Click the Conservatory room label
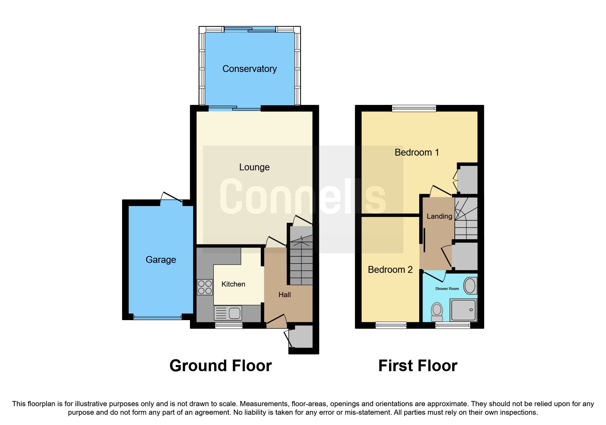[249, 69]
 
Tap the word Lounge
[254, 167]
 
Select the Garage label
[161, 260]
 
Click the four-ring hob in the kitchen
[205, 287]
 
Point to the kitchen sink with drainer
[228, 313]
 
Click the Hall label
[284, 295]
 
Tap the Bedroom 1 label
[416, 153]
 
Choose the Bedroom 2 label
[390, 270]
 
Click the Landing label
[439, 216]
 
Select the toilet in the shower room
[437, 311]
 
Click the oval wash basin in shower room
[470, 286]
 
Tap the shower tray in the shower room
[464, 310]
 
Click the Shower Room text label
[447, 289]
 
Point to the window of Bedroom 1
[414, 109]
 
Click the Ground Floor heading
[220, 366]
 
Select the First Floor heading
[417, 366]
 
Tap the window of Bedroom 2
[391, 325]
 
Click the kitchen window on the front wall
[229, 325]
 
